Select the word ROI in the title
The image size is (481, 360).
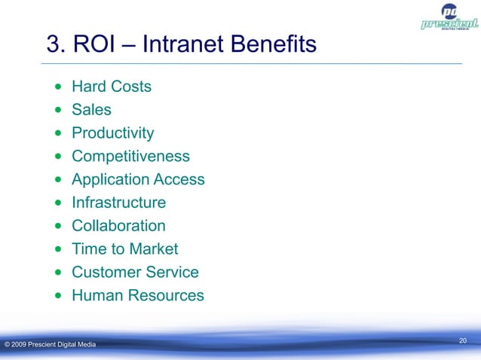coord(93,47)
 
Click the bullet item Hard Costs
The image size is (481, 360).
coord(111,87)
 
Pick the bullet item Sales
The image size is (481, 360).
coord(91,110)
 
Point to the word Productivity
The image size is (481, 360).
coord(112,133)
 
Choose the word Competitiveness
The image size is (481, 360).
coord(130,157)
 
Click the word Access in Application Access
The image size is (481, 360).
coord(179,180)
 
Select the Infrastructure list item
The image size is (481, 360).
coord(118,203)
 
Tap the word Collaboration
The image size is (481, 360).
coord(118,226)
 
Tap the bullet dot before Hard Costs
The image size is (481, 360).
coord(59,87)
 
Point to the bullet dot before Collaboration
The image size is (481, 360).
coord(59,227)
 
